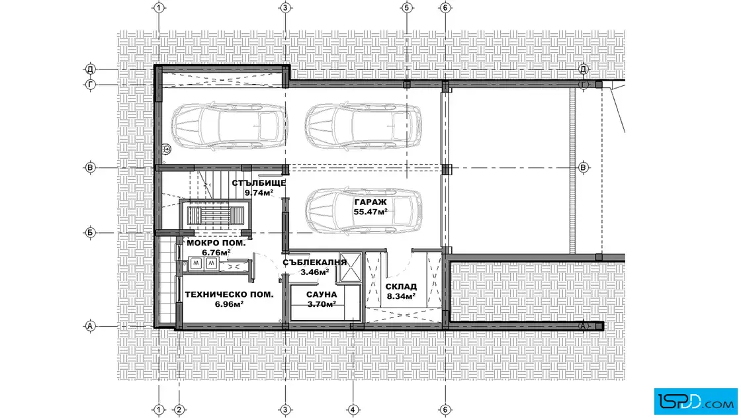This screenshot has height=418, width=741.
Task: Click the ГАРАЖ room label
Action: pos(370,202)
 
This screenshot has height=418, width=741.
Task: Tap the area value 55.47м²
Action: pos(370,212)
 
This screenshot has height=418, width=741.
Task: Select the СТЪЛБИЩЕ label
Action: pos(259,183)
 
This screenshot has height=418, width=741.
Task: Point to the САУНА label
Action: pos(322,295)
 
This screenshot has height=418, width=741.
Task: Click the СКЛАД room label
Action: pos(401,286)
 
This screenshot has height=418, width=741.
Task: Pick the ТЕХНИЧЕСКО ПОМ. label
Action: pos(229,294)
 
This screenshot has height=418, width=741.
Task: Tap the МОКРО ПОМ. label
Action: pos(216,243)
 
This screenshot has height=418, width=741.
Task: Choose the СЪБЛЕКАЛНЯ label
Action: pos(315,263)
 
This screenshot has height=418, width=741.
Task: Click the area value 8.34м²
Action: pos(401,296)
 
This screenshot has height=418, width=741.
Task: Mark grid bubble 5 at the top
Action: pos(406,7)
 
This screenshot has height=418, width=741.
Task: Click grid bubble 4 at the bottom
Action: pos(353,409)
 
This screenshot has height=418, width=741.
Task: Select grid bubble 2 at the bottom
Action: pos(179,409)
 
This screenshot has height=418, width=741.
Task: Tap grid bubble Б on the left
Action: pos(90,232)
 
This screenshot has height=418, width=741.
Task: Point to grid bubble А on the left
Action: pos(90,326)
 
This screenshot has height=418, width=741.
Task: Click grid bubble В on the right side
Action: pos(583,168)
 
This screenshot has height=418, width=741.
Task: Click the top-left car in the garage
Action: pos(229,126)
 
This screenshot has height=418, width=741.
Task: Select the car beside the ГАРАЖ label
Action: pos(363,211)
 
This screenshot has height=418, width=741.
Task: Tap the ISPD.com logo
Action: pos(695,401)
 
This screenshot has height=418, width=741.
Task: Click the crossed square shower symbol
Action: pos(350,267)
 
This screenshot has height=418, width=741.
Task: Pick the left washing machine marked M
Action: pos(196,263)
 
